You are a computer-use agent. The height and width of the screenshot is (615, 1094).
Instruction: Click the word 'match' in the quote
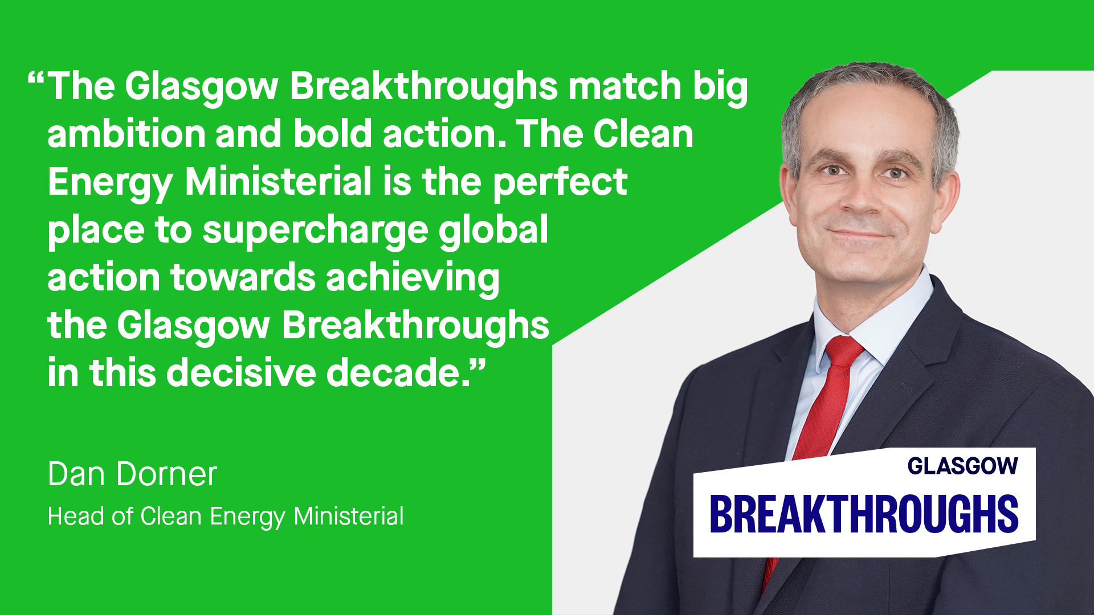625,87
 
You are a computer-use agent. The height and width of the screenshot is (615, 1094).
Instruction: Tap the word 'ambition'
126,134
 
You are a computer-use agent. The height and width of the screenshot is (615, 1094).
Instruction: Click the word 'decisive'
241,373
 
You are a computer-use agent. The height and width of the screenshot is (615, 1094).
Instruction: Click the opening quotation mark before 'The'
36,78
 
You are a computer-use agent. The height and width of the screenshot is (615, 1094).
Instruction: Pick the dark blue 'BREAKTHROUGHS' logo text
864,514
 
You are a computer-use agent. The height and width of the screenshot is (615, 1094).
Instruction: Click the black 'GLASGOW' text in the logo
962,466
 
